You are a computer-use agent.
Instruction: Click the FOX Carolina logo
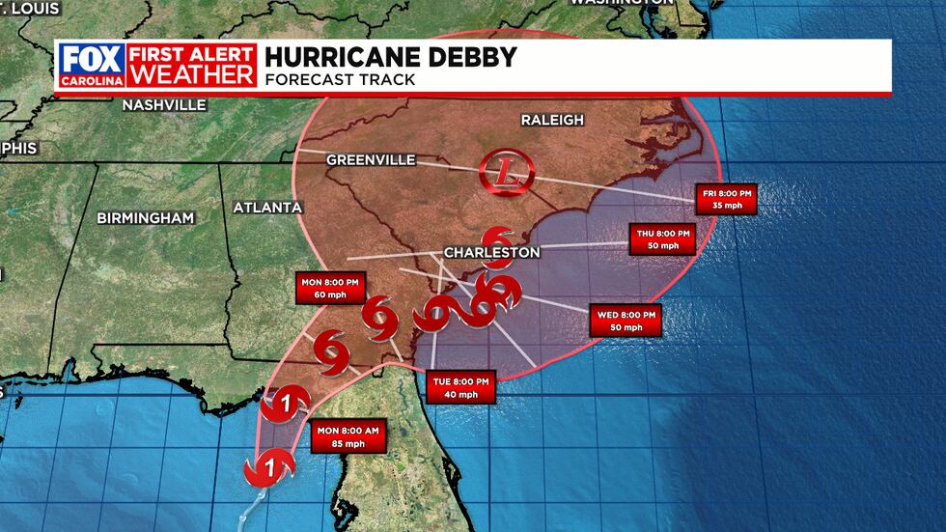(93, 65)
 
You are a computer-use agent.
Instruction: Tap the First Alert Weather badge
(193, 65)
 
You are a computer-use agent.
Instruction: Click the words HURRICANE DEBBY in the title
(393, 57)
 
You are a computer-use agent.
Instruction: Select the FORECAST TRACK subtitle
(340, 79)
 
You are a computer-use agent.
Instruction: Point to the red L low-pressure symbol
(507, 175)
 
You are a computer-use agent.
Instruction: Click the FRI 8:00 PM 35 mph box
(725, 200)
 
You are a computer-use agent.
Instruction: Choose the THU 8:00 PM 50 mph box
(661, 239)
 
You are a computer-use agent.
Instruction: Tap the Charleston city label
(490, 252)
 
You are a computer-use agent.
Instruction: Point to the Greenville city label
(371, 159)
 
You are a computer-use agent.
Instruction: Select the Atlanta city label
(267, 208)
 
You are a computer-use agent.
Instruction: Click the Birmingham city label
(145, 218)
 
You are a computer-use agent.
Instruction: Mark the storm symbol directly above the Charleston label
(498, 237)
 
